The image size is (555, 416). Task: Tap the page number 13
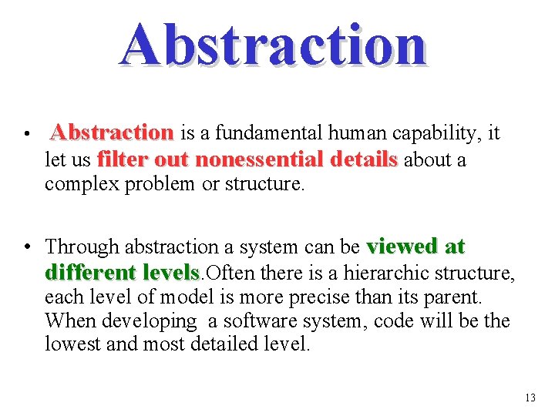530,398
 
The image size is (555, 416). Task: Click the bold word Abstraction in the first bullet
112,134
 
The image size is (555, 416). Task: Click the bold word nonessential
260,160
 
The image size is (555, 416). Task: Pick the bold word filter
123,160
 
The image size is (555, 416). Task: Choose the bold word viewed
402,247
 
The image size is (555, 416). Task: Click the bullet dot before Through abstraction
28,247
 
